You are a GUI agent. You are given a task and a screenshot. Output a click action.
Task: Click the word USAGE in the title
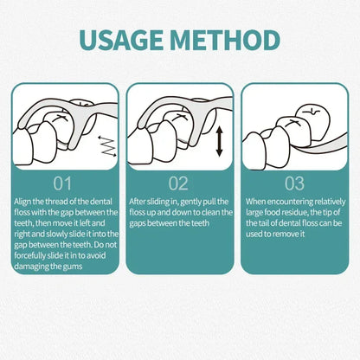tap(122, 40)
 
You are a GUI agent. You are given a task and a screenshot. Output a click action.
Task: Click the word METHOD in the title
tap(225, 40)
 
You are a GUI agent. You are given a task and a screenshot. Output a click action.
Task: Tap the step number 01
tap(62, 183)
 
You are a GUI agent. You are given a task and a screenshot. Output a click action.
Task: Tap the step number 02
tap(178, 183)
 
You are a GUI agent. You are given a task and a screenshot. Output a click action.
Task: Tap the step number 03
tap(294, 183)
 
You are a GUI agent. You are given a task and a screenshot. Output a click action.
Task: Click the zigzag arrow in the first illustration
tap(107, 146)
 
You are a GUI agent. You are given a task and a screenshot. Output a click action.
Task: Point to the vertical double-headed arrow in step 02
tap(220, 142)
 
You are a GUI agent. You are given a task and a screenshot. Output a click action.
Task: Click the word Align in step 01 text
tap(22, 202)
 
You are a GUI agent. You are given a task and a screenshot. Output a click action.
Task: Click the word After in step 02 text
tap(137, 202)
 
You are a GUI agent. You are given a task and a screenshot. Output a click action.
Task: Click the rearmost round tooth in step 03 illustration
tap(313, 118)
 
